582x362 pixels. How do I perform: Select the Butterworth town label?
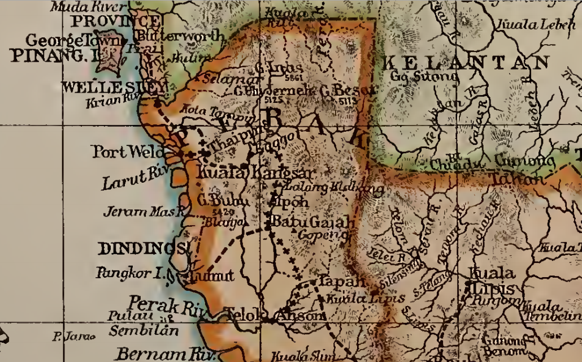pyautogui.click(x=180, y=36)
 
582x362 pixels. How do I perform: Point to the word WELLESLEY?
pyautogui.click(x=113, y=88)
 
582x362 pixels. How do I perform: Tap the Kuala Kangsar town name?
pyautogui.click(x=257, y=172)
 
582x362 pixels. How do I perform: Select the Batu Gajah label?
pyautogui.click(x=311, y=222)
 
